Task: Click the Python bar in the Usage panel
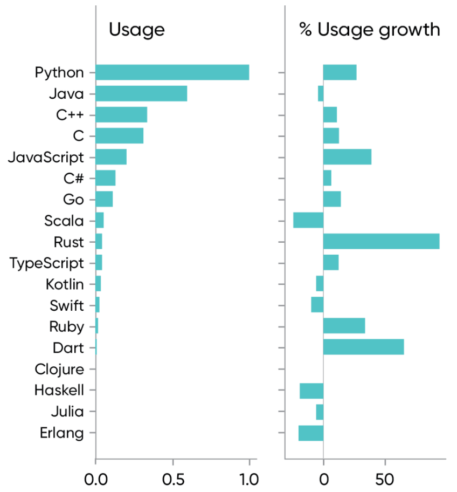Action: point(172,72)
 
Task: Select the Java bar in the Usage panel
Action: point(141,93)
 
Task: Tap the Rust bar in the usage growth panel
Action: point(381,242)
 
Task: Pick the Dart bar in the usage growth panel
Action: point(363,347)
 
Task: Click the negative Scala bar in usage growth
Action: point(308,220)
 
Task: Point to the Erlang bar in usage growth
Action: point(311,433)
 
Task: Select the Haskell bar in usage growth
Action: point(311,391)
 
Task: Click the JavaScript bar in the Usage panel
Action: point(111,157)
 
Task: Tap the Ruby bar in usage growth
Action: point(344,326)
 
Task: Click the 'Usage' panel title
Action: point(136,30)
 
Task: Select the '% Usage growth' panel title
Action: point(370,30)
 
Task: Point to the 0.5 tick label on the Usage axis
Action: point(172,478)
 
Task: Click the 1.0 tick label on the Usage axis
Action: point(249,478)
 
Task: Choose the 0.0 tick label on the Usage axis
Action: point(95,478)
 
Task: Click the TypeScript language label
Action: point(47,263)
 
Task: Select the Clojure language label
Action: point(59,370)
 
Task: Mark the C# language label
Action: point(73,178)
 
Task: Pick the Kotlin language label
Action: point(65,284)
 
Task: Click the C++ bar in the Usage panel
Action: point(121,115)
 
